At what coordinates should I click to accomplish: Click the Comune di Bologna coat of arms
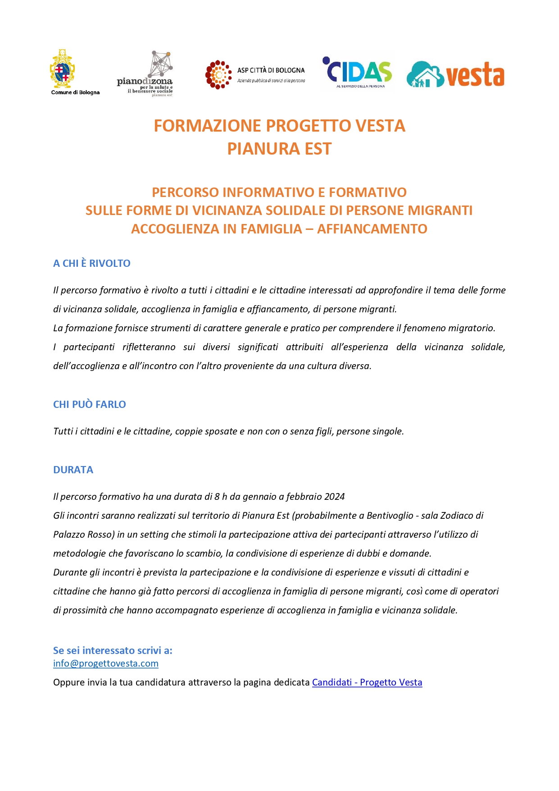[62, 69]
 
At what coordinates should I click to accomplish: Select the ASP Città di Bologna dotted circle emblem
[218, 75]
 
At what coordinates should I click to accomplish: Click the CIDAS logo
[358, 72]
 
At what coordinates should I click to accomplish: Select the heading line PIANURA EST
[279, 149]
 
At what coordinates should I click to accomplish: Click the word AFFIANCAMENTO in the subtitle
[372, 229]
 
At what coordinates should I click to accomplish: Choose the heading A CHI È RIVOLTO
[92, 264]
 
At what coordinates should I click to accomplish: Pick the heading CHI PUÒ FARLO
[90, 404]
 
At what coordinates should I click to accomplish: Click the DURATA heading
[73, 470]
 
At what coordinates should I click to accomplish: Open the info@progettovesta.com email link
[106, 663]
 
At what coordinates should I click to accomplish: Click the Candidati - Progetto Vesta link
[367, 682]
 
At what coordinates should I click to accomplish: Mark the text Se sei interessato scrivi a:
[113, 650]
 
